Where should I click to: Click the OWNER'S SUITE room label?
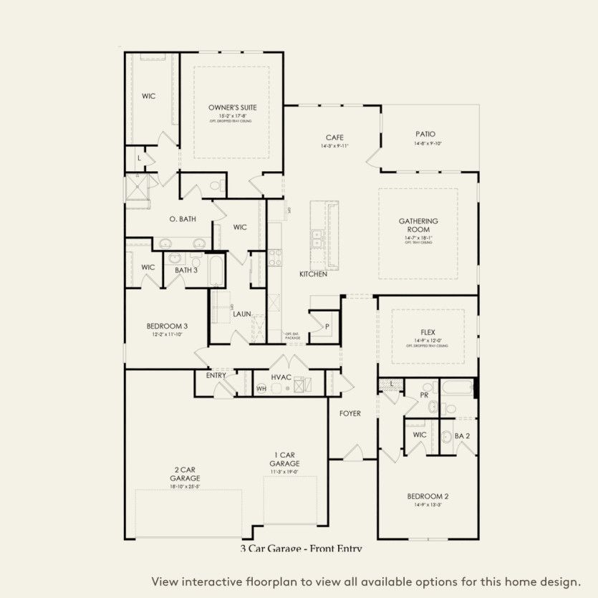pos(232,107)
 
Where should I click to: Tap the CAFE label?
pos(334,138)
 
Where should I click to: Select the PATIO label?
pos(425,134)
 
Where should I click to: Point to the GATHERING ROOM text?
pos(418,226)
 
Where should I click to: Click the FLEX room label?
pos(428,332)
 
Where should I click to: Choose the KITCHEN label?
pos(313,274)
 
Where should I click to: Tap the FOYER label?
pos(350,414)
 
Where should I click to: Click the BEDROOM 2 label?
pos(428,496)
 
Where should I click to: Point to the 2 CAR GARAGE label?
pos(185,473)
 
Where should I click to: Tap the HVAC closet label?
pos(281,377)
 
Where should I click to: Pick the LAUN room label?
pos(241,314)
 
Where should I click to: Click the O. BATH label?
pos(183,219)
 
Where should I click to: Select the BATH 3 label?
pos(185,270)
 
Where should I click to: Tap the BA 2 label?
pos(463,435)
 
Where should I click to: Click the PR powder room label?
pos(424,395)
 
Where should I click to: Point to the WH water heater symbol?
pos(261,389)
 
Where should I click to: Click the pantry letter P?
pos(327,326)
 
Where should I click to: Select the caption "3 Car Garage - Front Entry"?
pos(301,549)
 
